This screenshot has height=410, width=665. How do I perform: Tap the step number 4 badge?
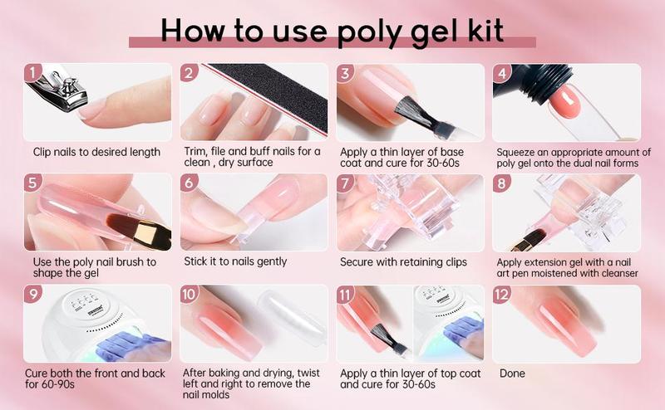(501, 73)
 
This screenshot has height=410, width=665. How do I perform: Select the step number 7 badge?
(345, 183)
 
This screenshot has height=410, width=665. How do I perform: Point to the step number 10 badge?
(190, 295)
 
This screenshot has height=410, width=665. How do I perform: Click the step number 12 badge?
(501, 295)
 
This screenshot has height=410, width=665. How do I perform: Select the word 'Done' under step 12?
(512, 373)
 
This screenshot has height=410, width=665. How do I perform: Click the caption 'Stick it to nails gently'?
(235, 262)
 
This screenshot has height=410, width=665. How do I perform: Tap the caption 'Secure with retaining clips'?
(403, 262)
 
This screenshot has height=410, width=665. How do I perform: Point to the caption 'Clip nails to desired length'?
(96, 152)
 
